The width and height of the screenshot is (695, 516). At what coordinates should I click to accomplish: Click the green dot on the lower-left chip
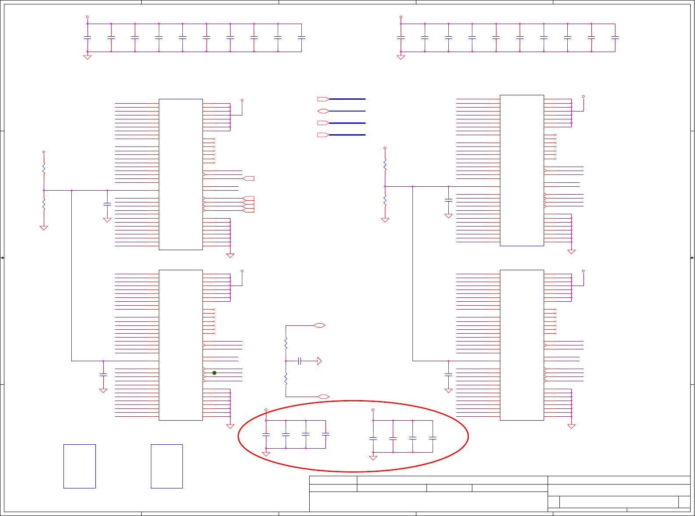(x=214, y=373)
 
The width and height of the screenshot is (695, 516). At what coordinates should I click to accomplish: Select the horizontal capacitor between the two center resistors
(x=300, y=361)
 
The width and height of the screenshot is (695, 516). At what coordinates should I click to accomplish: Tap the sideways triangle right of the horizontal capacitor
(x=319, y=361)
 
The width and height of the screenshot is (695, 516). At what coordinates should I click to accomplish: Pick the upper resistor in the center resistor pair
(x=286, y=343)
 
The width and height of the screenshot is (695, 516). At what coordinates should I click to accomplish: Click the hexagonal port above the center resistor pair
(x=320, y=325)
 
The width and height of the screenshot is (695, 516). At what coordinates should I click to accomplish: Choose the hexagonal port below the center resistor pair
(x=324, y=397)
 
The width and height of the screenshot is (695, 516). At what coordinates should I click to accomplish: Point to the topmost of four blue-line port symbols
(x=323, y=99)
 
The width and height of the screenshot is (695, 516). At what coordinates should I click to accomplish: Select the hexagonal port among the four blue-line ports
(x=323, y=111)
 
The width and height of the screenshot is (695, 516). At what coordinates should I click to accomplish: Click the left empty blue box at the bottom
(x=80, y=466)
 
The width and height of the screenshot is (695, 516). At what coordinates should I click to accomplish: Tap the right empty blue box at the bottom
(x=167, y=466)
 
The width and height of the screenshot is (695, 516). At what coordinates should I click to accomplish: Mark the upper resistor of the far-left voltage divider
(x=44, y=169)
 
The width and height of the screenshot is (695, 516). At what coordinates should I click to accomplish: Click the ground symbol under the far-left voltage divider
(x=44, y=228)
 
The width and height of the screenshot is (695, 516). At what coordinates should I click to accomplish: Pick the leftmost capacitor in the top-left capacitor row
(x=87, y=38)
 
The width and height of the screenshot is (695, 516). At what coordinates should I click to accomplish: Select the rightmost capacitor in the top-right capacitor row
(x=615, y=38)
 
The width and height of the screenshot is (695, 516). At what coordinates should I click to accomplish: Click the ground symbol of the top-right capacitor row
(x=401, y=57)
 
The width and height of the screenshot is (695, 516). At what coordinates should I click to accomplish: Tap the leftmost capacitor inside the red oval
(x=266, y=435)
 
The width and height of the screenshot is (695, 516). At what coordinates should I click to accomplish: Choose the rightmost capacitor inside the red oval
(x=433, y=438)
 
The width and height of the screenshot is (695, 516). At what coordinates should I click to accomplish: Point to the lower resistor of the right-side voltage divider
(x=385, y=200)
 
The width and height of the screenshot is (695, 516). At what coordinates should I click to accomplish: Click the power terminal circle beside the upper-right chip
(x=583, y=96)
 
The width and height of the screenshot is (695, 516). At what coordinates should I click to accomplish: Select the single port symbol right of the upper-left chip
(x=248, y=178)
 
